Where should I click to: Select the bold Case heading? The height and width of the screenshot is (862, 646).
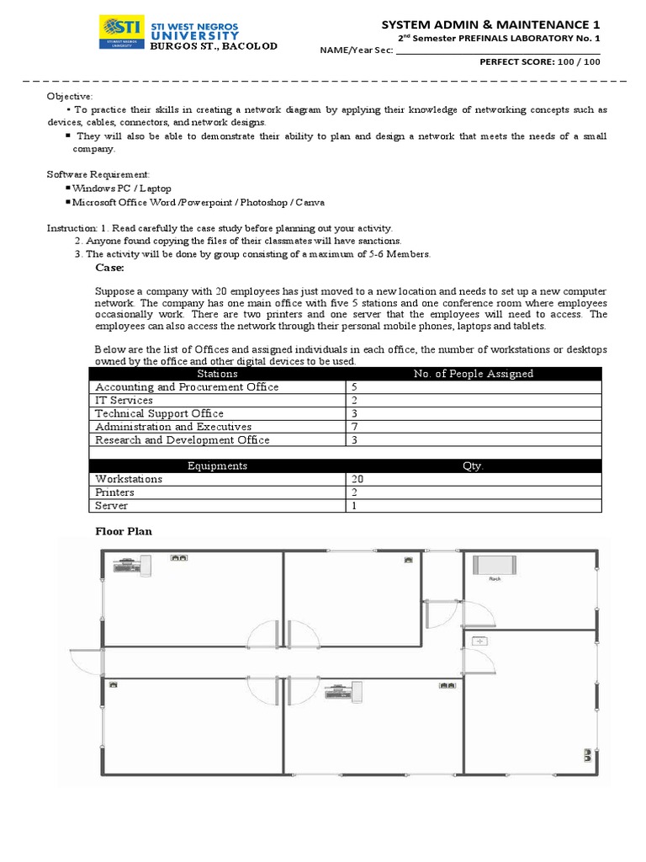109,268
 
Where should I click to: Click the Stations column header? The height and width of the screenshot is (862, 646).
217,374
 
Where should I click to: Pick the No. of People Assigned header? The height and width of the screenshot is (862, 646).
474,374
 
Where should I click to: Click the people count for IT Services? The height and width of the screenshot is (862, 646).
354,401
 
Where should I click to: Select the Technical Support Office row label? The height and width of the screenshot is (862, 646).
159,413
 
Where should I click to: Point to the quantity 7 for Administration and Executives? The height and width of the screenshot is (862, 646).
354,427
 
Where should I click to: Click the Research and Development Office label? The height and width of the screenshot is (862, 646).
182,440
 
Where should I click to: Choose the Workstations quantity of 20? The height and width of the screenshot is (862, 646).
357,479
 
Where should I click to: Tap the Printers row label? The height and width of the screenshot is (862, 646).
114,492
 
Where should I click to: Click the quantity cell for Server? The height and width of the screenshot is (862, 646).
354,506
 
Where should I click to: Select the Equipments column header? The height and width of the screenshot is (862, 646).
217,466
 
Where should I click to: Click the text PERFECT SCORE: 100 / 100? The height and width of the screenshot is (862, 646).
540,62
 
